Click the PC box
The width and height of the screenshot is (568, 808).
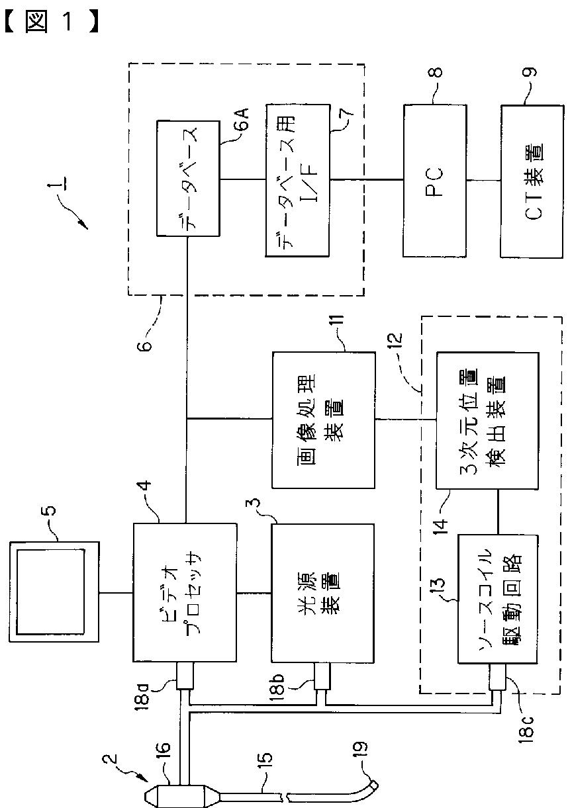tap(434, 181)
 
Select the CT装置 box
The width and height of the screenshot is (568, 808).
tap(532, 181)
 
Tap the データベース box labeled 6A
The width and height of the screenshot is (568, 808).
tap(188, 178)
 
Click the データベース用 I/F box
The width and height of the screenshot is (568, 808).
tap(298, 181)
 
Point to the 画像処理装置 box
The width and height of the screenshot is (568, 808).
tap(323, 420)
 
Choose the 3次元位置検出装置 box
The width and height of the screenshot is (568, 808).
tap(487, 421)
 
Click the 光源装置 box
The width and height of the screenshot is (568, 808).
tap(322, 593)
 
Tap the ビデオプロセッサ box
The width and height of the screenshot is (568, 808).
tap(185, 592)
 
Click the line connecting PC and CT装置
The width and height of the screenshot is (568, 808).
tap(483, 181)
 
